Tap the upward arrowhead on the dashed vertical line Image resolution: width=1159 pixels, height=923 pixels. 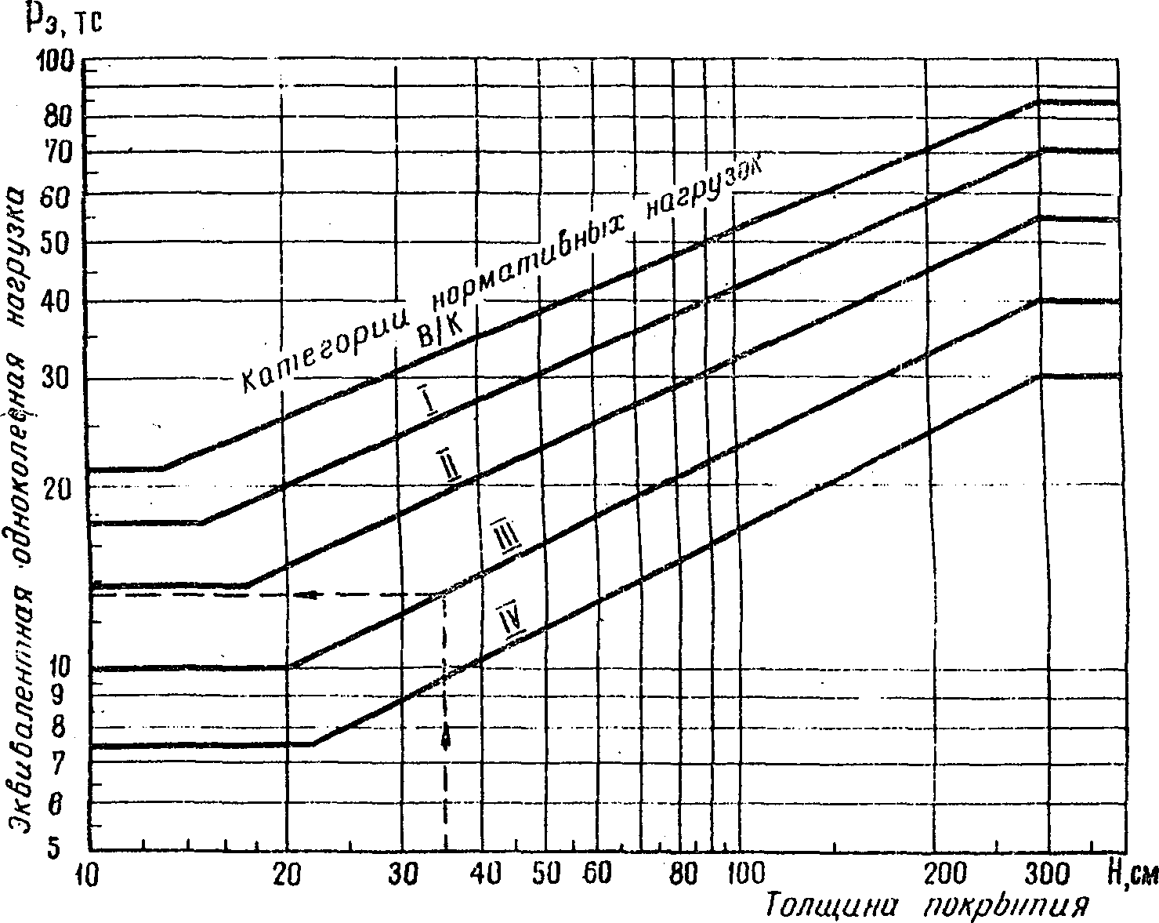tap(446, 737)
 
